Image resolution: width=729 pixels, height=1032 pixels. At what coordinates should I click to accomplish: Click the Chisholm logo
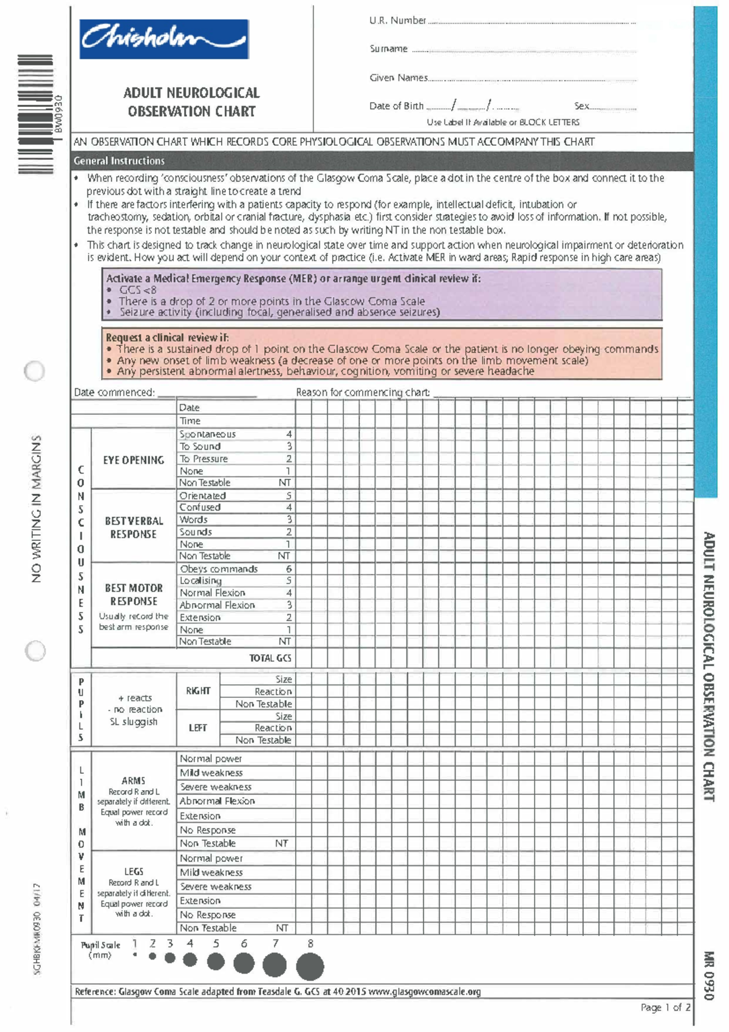pos(163,39)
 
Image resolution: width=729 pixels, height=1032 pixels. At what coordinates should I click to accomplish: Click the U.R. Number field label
pos(397,20)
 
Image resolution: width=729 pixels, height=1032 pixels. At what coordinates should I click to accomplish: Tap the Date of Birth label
pos(396,106)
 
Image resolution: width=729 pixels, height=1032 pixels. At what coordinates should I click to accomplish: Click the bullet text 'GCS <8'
pos(138,290)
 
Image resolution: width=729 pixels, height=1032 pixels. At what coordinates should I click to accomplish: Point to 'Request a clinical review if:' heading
pos(167,337)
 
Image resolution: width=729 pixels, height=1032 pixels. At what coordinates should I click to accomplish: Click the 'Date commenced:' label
pos(114,393)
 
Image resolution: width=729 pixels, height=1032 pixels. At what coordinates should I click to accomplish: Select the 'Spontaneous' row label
pos(207,434)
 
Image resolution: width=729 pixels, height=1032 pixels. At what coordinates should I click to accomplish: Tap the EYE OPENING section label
pos(134,460)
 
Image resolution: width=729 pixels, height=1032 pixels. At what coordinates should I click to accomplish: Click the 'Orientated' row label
pos(202,495)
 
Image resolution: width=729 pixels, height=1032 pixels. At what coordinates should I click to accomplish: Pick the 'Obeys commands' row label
pos(218,569)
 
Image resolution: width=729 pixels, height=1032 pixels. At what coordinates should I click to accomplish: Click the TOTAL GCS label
pos(270,658)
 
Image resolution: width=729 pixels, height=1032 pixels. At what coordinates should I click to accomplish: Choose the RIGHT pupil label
pos(198,691)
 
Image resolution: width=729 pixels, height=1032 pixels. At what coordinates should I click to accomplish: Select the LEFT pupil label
pos(197,728)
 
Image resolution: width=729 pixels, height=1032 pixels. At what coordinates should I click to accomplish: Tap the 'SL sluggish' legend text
pos(134,721)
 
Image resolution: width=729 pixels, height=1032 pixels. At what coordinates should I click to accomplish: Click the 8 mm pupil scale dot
pos(310,966)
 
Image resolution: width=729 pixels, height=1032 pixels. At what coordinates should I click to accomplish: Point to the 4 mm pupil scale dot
pos(190,960)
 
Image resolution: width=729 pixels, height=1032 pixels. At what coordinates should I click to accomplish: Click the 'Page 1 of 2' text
pos(665,1007)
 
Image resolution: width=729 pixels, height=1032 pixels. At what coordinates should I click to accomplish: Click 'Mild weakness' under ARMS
pos(211,772)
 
